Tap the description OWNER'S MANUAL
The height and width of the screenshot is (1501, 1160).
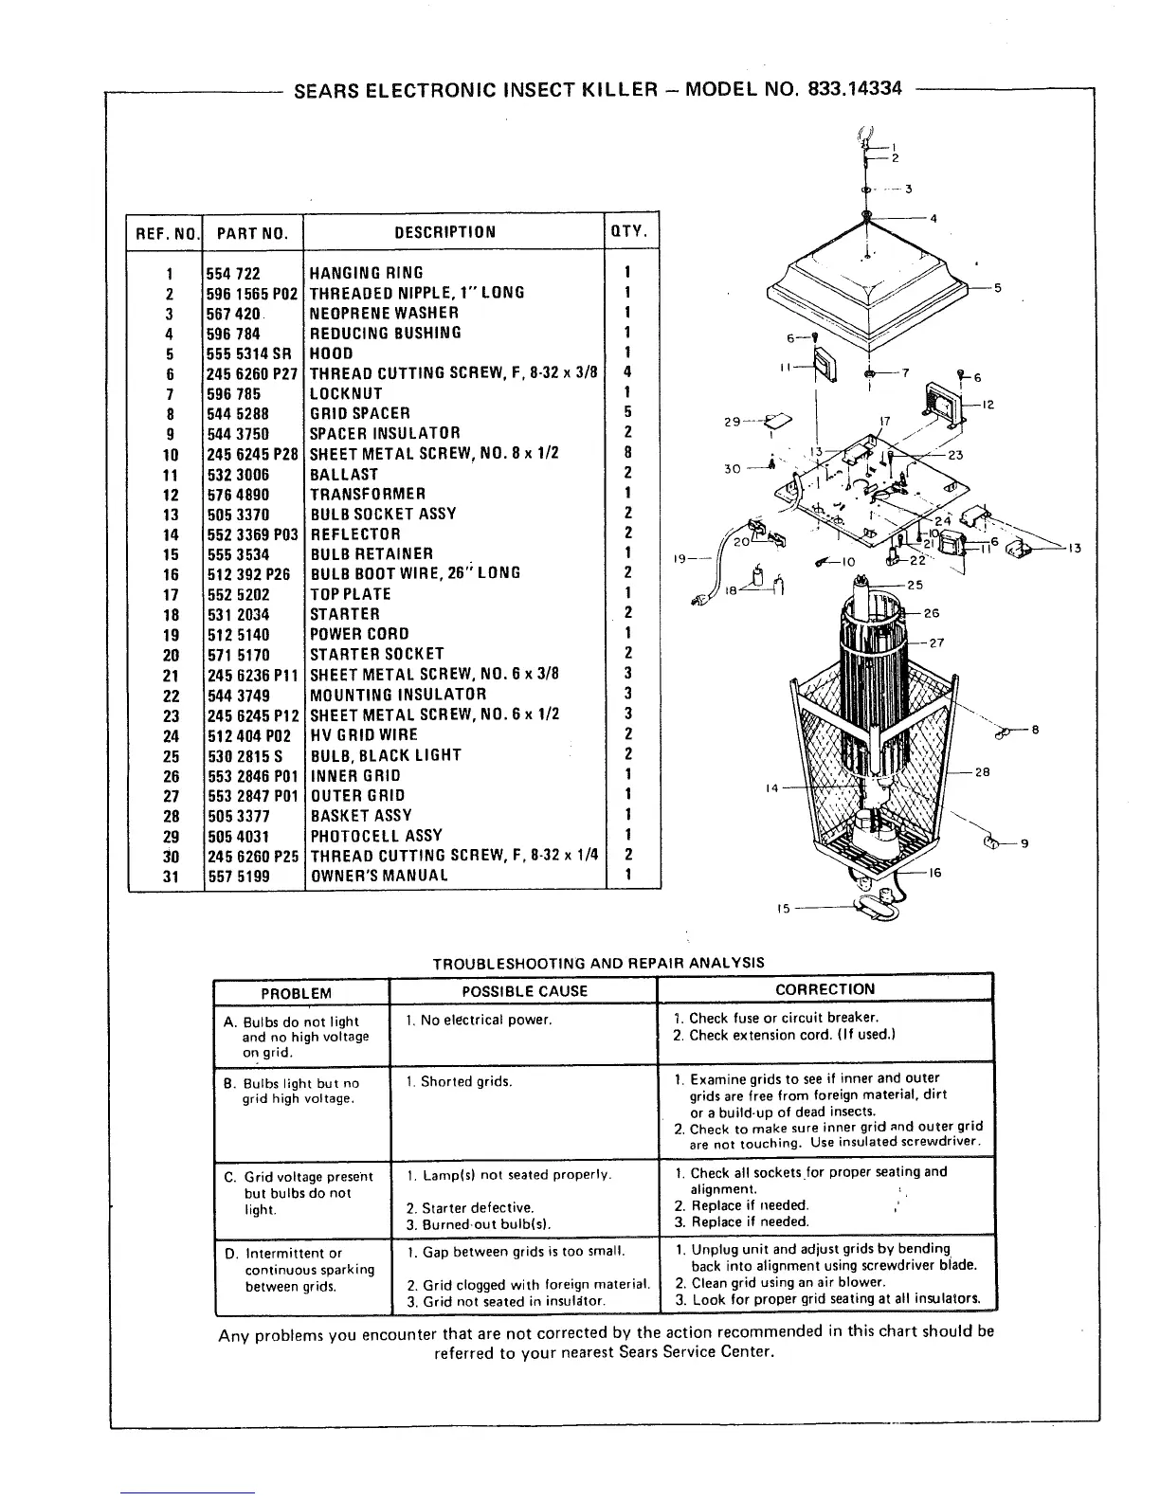point(379,876)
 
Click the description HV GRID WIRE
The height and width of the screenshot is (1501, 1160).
point(364,735)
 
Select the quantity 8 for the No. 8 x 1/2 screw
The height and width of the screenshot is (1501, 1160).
point(628,453)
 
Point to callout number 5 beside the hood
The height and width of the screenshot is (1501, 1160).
point(997,288)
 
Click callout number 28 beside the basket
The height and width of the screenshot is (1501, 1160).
point(982,772)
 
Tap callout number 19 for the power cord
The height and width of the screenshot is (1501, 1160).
point(679,559)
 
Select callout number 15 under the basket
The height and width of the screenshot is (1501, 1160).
point(783,908)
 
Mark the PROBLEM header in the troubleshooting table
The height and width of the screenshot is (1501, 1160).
point(296,993)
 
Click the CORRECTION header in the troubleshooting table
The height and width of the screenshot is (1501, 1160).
point(825,989)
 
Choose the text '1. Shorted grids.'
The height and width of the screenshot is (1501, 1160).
point(459,1081)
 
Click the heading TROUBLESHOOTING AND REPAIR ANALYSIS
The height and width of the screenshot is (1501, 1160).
point(598,963)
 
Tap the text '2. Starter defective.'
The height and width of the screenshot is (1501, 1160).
point(470,1208)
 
